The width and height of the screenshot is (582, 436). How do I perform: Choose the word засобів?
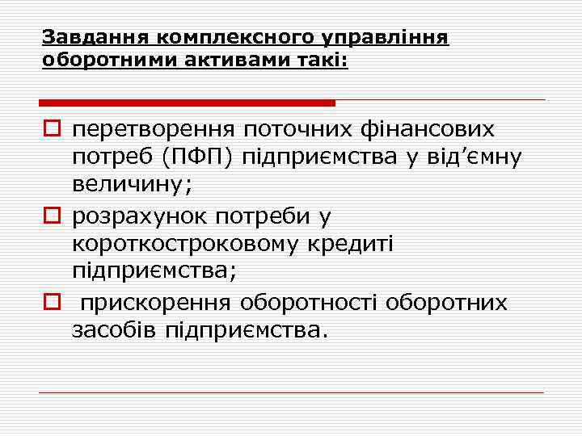click(114, 329)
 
